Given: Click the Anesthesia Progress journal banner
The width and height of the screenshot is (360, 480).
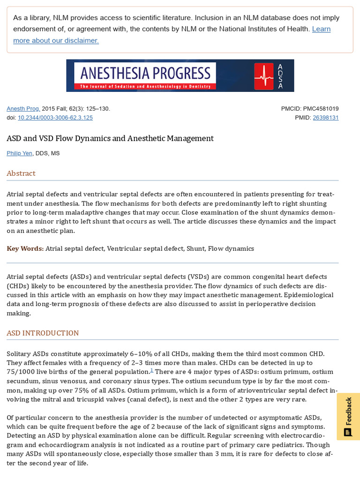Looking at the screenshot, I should pyautogui.click(x=180, y=75).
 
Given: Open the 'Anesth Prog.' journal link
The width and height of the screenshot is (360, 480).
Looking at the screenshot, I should pyautogui.click(x=23, y=109).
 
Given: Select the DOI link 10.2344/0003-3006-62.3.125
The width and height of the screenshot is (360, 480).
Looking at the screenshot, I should pyautogui.click(x=55, y=118).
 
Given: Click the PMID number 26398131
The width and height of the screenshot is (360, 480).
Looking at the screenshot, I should pyautogui.click(x=325, y=118).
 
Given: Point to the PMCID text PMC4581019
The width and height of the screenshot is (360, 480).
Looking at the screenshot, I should pyautogui.click(x=321, y=109).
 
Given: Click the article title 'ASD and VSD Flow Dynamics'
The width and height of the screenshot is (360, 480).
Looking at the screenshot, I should pyautogui.click(x=110, y=138).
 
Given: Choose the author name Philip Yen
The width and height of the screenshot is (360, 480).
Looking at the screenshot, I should pyautogui.click(x=20, y=153).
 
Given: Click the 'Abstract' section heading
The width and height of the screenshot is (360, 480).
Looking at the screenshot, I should pyautogui.click(x=21, y=173).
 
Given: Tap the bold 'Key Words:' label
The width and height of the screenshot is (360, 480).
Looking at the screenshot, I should pyautogui.click(x=25, y=248).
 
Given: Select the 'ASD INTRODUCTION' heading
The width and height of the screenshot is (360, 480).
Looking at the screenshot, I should pyautogui.click(x=43, y=333).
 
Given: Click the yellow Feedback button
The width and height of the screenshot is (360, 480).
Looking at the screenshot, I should pyautogui.click(x=348, y=416).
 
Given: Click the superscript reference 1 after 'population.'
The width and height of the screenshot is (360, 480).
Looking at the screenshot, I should pyautogui.click(x=151, y=370).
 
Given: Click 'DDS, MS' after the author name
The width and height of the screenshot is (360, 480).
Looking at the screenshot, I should pyautogui.click(x=48, y=153).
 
